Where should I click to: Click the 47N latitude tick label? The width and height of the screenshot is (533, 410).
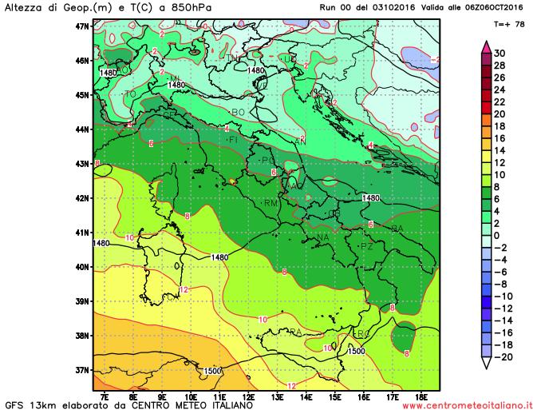[80, 26]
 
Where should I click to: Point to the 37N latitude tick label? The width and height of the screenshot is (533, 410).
[80, 370]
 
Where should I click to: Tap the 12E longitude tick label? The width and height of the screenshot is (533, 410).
[248, 396]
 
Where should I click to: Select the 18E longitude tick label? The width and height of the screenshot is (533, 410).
[420, 396]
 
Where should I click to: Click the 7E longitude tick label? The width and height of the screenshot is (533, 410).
[105, 396]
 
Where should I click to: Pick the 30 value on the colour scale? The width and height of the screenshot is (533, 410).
[499, 52]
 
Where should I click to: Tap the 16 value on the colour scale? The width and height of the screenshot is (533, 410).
[499, 137]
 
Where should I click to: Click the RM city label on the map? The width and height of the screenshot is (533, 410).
[270, 203]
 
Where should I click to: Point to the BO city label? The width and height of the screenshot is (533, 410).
[238, 112]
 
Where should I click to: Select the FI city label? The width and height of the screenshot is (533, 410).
[234, 140]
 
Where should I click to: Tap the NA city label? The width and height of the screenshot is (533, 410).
[323, 237]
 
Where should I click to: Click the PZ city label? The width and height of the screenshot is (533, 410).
[367, 248]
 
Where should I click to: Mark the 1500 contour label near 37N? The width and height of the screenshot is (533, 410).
[212, 371]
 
